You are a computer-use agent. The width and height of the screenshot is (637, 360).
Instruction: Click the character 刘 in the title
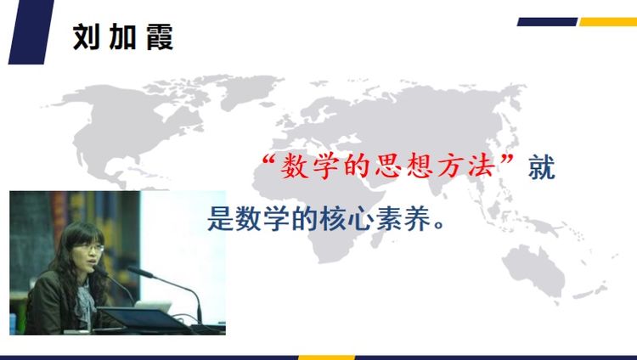tap(86, 37)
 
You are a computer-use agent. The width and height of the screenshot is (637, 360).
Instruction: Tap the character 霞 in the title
tap(160, 37)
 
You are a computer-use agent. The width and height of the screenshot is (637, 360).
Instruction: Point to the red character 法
tap(482, 166)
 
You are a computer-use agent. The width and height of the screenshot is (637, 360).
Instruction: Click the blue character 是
tap(221, 218)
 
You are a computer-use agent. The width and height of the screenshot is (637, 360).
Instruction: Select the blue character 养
tap(417, 218)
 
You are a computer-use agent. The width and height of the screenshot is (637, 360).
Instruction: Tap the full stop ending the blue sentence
tap(439, 225)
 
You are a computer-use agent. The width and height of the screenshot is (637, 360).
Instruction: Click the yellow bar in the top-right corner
tap(608, 21)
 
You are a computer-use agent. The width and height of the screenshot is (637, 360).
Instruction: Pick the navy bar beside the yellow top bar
tap(547, 21)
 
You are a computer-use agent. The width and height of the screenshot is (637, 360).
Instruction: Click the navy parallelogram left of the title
tap(31, 31)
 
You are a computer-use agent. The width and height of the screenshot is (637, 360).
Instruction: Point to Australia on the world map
tap(534, 267)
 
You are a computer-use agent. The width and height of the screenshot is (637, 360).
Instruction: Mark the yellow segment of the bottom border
tap(327, 357)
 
